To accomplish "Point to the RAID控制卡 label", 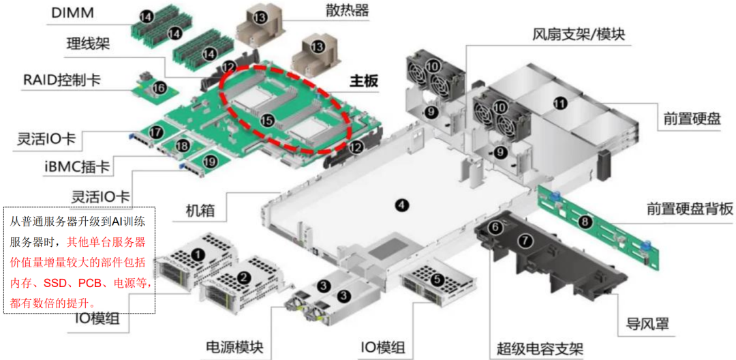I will (x=62, y=80).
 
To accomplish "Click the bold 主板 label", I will (x=364, y=80).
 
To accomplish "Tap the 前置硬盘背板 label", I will (x=690, y=209).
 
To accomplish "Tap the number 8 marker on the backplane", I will (x=584, y=222).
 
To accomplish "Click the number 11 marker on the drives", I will (x=559, y=104).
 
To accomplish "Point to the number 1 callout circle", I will (x=198, y=254).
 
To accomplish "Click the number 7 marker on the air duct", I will (x=524, y=240).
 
